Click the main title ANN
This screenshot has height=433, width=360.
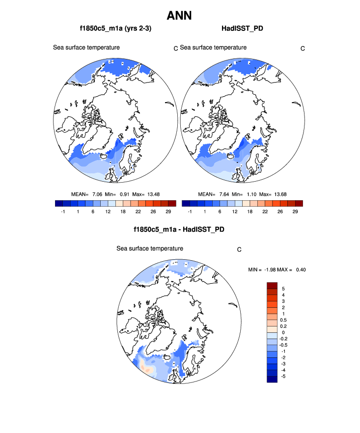click(x=179, y=16)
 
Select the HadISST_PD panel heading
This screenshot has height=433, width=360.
click(x=242, y=29)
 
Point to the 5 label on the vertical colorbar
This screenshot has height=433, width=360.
click(x=283, y=289)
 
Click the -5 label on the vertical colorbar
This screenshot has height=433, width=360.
click(x=284, y=376)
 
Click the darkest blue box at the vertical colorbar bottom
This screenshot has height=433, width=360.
click(x=273, y=379)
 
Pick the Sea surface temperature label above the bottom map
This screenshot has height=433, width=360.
click(x=149, y=248)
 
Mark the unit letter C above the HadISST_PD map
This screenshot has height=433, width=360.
click(x=303, y=48)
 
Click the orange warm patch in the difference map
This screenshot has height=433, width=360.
click(x=146, y=366)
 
